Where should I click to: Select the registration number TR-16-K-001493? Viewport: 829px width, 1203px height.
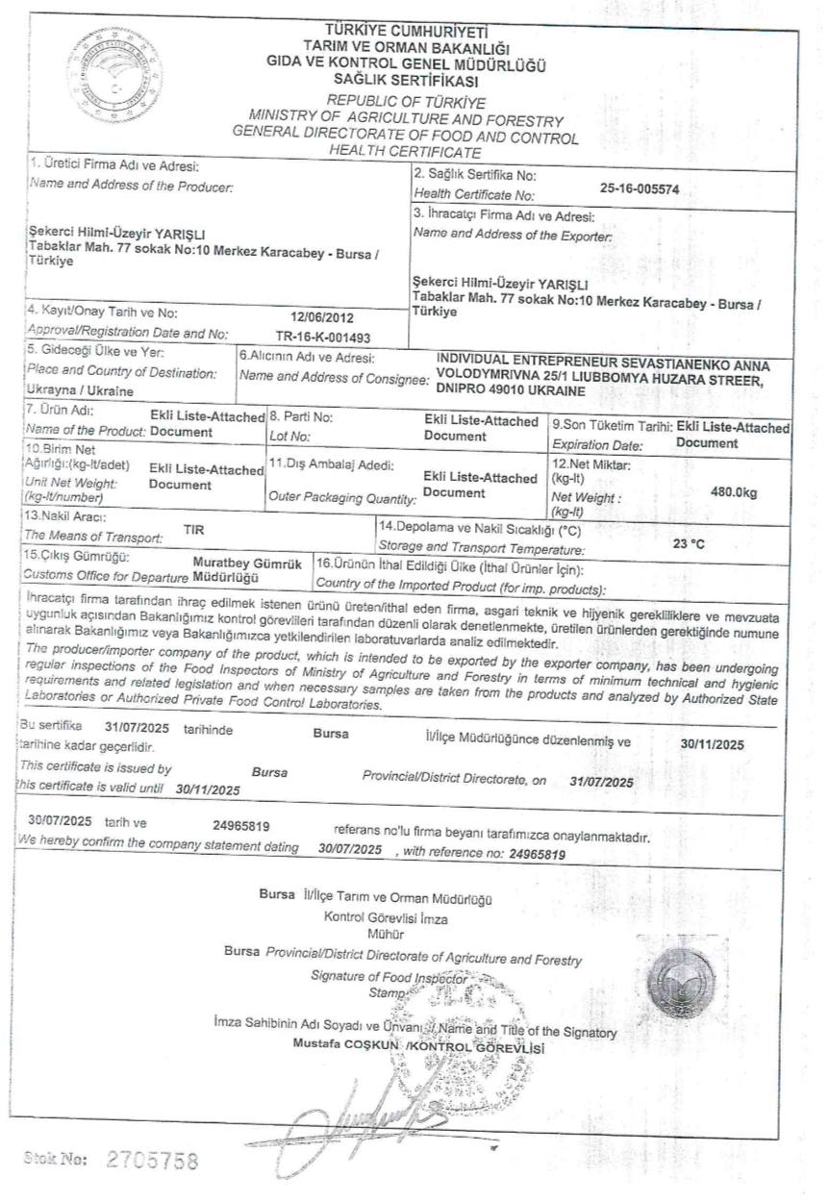click(x=321, y=335)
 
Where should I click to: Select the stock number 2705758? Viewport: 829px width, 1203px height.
click(x=153, y=1160)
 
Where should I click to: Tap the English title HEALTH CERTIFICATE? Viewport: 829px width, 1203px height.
click(x=405, y=151)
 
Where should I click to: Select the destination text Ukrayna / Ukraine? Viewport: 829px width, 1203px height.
click(x=81, y=392)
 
